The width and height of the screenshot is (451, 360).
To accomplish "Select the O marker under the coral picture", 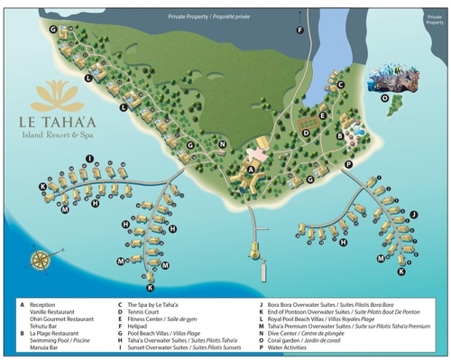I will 386,98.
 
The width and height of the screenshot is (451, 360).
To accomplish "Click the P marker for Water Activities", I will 348,164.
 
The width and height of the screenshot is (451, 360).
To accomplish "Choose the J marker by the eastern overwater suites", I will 413,214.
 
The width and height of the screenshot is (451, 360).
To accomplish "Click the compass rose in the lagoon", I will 40,260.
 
